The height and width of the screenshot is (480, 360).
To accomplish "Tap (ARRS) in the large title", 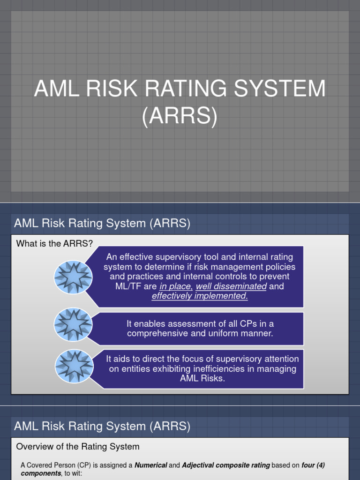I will (x=180, y=116).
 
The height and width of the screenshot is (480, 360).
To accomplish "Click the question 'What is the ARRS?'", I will (x=55, y=243).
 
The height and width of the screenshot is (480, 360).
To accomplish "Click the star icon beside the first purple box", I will (x=73, y=276).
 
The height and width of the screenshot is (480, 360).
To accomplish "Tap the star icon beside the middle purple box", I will (x=73, y=324).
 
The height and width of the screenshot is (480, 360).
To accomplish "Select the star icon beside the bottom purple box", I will (x=73, y=368).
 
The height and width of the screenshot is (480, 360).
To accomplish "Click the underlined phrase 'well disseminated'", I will (x=231, y=286).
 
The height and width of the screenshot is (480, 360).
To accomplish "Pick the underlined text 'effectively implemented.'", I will (x=200, y=296).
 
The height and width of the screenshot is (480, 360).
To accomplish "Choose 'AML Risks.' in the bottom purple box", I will (x=202, y=379).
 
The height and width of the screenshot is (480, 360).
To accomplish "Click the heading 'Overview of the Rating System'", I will (x=78, y=447).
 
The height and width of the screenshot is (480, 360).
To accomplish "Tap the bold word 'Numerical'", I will (x=151, y=465).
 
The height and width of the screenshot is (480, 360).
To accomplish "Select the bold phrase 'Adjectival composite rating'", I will (x=226, y=465).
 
